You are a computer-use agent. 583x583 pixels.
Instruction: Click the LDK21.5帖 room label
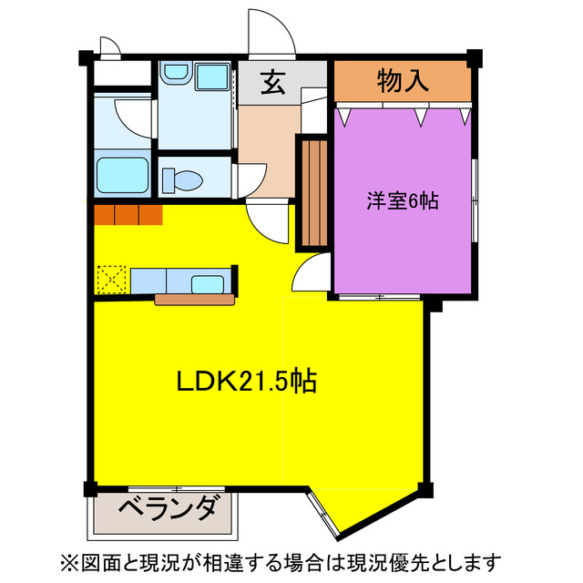click(x=246, y=382)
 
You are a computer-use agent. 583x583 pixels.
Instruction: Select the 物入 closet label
click(x=402, y=81)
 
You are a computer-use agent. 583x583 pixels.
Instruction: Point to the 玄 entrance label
click(x=271, y=83)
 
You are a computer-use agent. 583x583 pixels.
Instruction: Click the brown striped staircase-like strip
click(x=313, y=191)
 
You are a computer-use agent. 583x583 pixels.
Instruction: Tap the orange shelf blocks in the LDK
click(x=128, y=215)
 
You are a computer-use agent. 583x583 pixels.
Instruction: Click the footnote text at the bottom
click(x=291, y=559)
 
